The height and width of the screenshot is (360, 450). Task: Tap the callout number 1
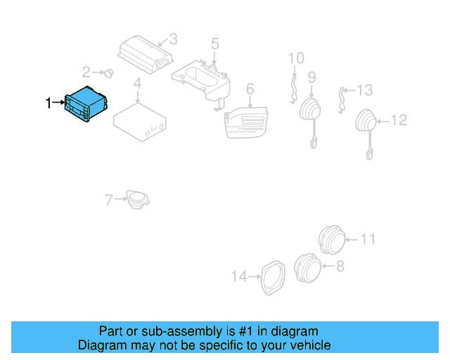49,103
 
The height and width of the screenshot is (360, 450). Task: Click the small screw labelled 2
109,72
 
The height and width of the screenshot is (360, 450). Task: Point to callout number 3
173,39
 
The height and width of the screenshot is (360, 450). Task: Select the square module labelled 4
139,119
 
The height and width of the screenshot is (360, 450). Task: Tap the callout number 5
215,44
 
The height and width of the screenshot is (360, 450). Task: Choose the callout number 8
340,266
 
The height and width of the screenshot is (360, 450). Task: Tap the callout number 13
364,90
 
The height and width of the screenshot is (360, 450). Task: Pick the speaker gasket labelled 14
272,277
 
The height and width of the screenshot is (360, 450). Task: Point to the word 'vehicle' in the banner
307,345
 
